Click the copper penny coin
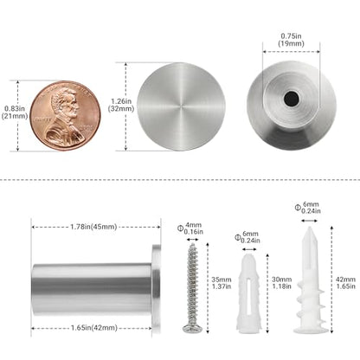(x=66, y=115)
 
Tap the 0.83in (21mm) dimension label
(x=15, y=112)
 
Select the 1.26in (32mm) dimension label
(x=121, y=105)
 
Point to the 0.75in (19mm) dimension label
(x=291, y=40)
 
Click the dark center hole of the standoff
(x=291, y=99)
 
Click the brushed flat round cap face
(x=181, y=106)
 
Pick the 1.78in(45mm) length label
(x=93, y=227)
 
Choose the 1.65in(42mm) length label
(x=94, y=328)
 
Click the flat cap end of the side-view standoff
(x=156, y=289)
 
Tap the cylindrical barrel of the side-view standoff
(x=92, y=289)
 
